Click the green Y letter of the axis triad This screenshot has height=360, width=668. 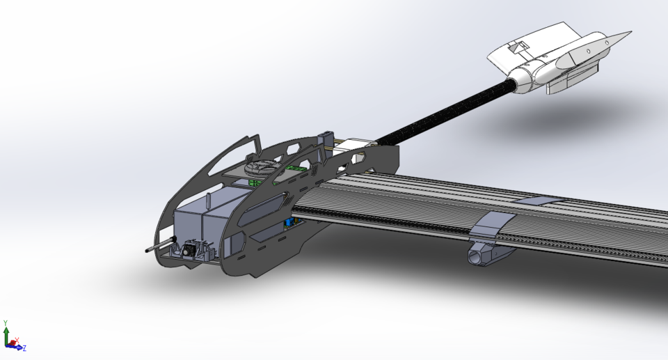tap(6, 323)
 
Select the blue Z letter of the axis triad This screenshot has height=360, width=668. tap(24, 347)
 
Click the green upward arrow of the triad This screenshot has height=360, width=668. tap(6, 334)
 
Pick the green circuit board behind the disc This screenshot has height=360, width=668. tap(296, 169)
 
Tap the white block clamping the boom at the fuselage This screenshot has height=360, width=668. tap(358, 143)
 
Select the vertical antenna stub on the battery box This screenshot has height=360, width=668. tap(208, 202)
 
